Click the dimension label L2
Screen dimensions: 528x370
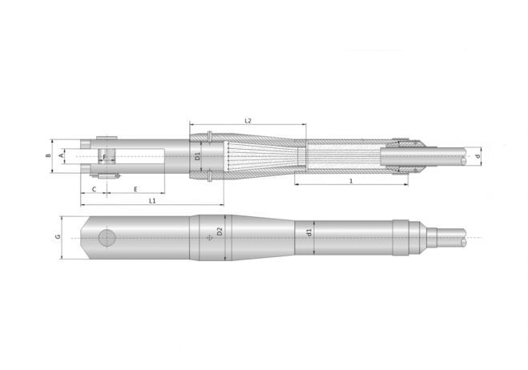248,120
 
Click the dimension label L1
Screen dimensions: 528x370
152,201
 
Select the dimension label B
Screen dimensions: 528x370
49,155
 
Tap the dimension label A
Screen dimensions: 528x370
61,155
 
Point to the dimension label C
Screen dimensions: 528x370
94,189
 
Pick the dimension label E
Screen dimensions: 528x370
135,189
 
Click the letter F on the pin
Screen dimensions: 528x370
104,157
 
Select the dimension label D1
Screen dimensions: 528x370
198,156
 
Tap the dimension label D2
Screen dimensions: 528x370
220,231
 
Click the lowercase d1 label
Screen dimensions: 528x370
309,232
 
